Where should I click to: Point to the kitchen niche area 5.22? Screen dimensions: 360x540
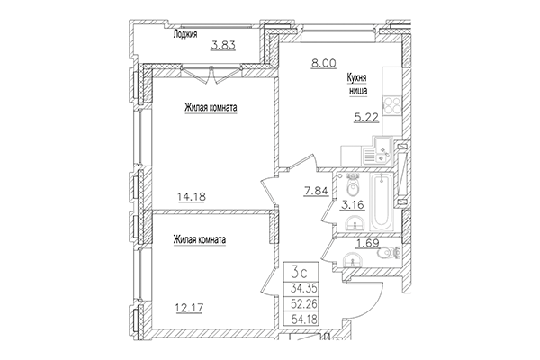[363, 116]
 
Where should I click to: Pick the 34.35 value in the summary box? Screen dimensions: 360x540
[303, 289]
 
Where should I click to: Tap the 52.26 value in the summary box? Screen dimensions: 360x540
[303, 304]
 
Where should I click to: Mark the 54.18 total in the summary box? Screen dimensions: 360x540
[303, 319]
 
